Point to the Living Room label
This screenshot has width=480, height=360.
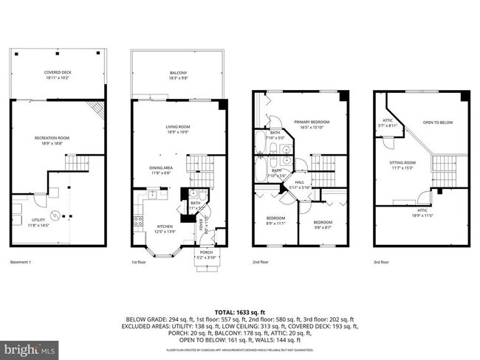[x=178, y=129]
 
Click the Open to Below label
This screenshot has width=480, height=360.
[x=437, y=122]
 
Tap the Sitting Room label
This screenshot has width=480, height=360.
[x=403, y=164]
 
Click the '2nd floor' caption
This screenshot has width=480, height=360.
[x=260, y=263]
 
